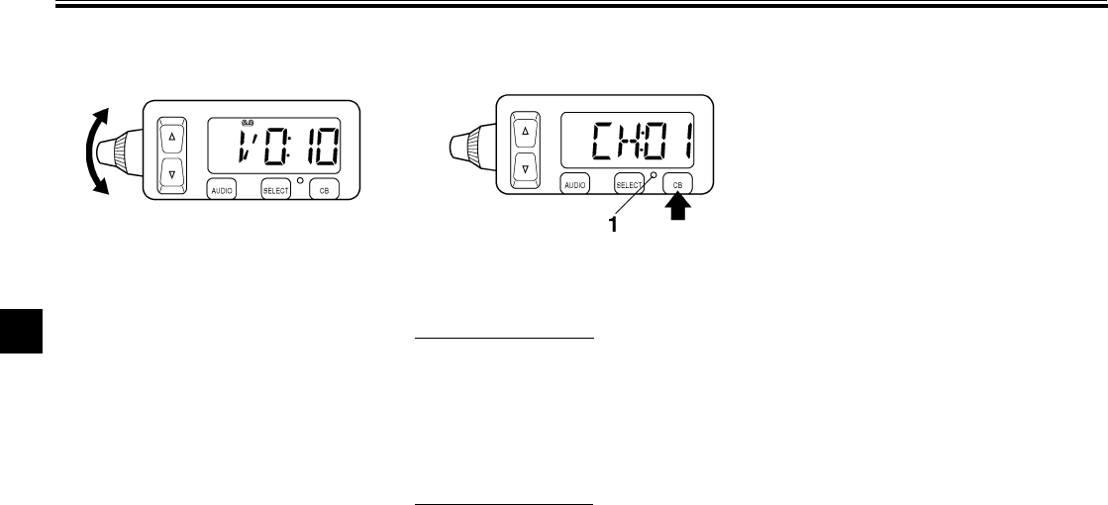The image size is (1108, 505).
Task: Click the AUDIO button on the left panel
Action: click(x=221, y=189)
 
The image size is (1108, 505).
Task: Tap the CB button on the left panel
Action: click(x=324, y=189)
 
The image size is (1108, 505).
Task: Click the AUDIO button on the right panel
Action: click(x=574, y=184)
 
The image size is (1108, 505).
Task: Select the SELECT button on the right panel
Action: click(x=628, y=184)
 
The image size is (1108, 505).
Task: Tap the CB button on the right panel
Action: click(x=677, y=184)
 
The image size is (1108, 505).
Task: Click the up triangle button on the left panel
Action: click(x=174, y=136)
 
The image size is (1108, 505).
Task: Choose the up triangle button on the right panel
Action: click(x=526, y=131)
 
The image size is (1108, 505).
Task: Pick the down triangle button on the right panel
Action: click(x=526, y=168)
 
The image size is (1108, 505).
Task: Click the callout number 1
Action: click(x=613, y=225)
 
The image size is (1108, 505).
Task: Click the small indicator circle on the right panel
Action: click(x=653, y=175)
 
